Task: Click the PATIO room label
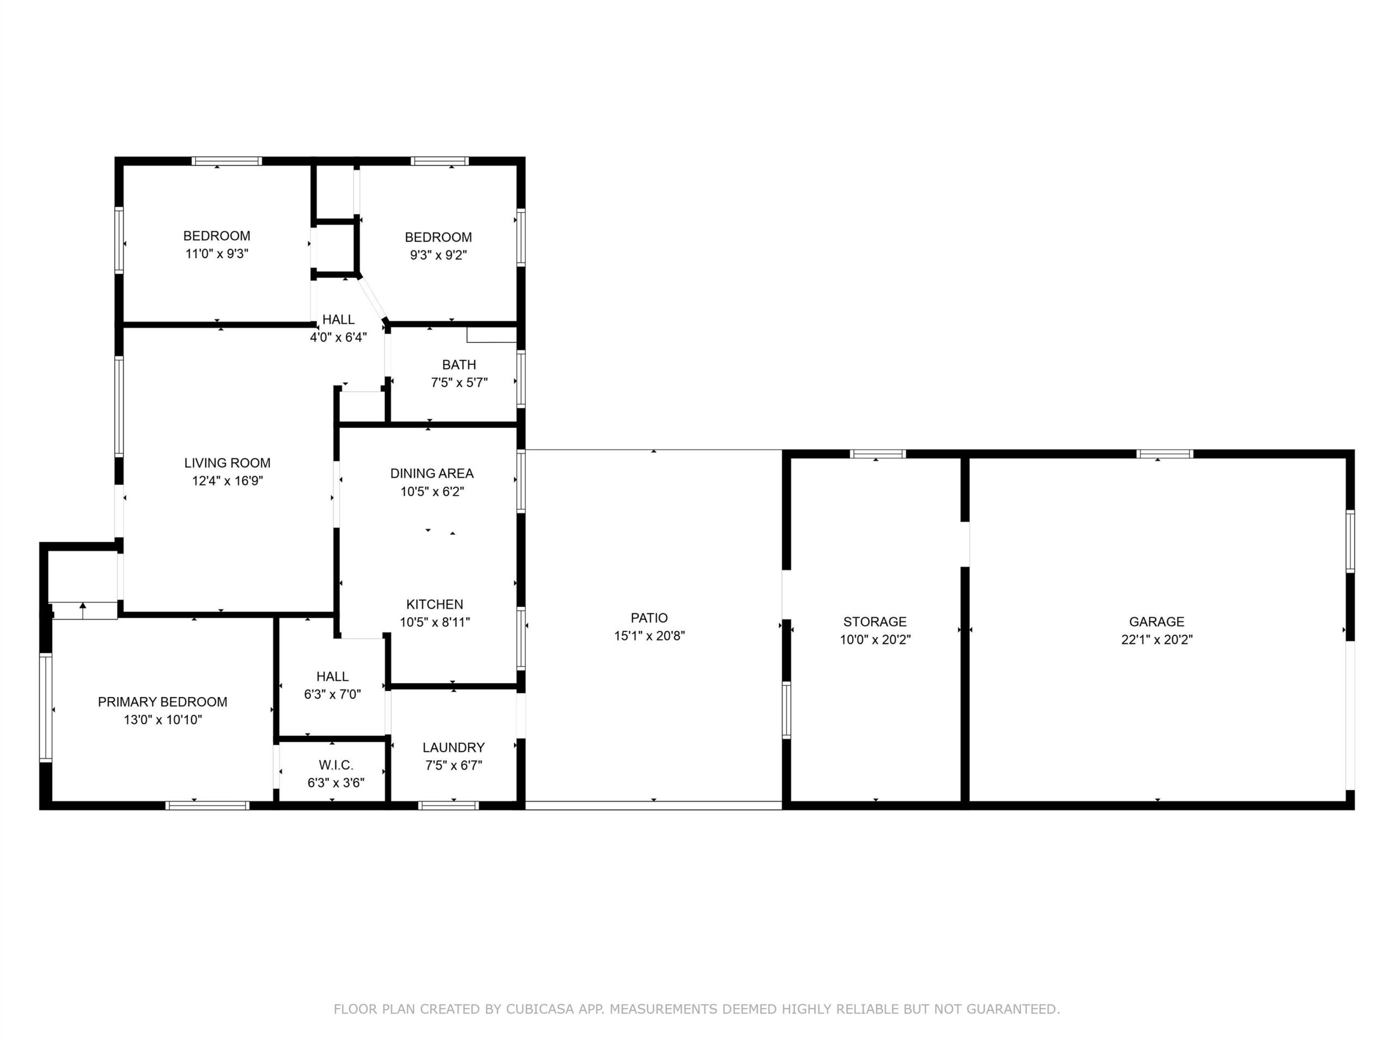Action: pyautogui.click(x=649, y=618)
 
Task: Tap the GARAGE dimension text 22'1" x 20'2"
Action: pyautogui.click(x=1157, y=640)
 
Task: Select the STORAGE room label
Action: pyautogui.click(x=875, y=622)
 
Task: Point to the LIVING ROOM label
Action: pyautogui.click(x=228, y=463)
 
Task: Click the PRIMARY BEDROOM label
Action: pyautogui.click(x=163, y=702)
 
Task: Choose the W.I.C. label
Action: pyautogui.click(x=336, y=765)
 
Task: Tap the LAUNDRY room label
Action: pyautogui.click(x=454, y=747)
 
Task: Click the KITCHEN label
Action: pyautogui.click(x=435, y=604)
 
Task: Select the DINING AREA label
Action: pyautogui.click(x=432, y=473)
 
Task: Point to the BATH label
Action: pyautogui.click(x=460, y=365)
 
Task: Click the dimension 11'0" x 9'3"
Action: pyautogui.click(x=217, y=254)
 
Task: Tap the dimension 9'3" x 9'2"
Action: pyautogui.click(x=438, y=255)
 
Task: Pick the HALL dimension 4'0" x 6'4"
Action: pyautogui.click(x=338, y=337)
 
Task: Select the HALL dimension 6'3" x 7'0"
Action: pyautogui.click(x=332, y=694)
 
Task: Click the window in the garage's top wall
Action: pyautogui.click(x=1165, y=453)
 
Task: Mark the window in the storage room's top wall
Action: pyautogui.click(x=878, y=453)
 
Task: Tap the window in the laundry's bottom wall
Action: pyautogui.click(x=448, y=805)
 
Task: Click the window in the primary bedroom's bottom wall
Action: pyautogui.click(x=207, y=805)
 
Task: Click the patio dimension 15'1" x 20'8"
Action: pyautogui.click(x=649, y=636)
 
